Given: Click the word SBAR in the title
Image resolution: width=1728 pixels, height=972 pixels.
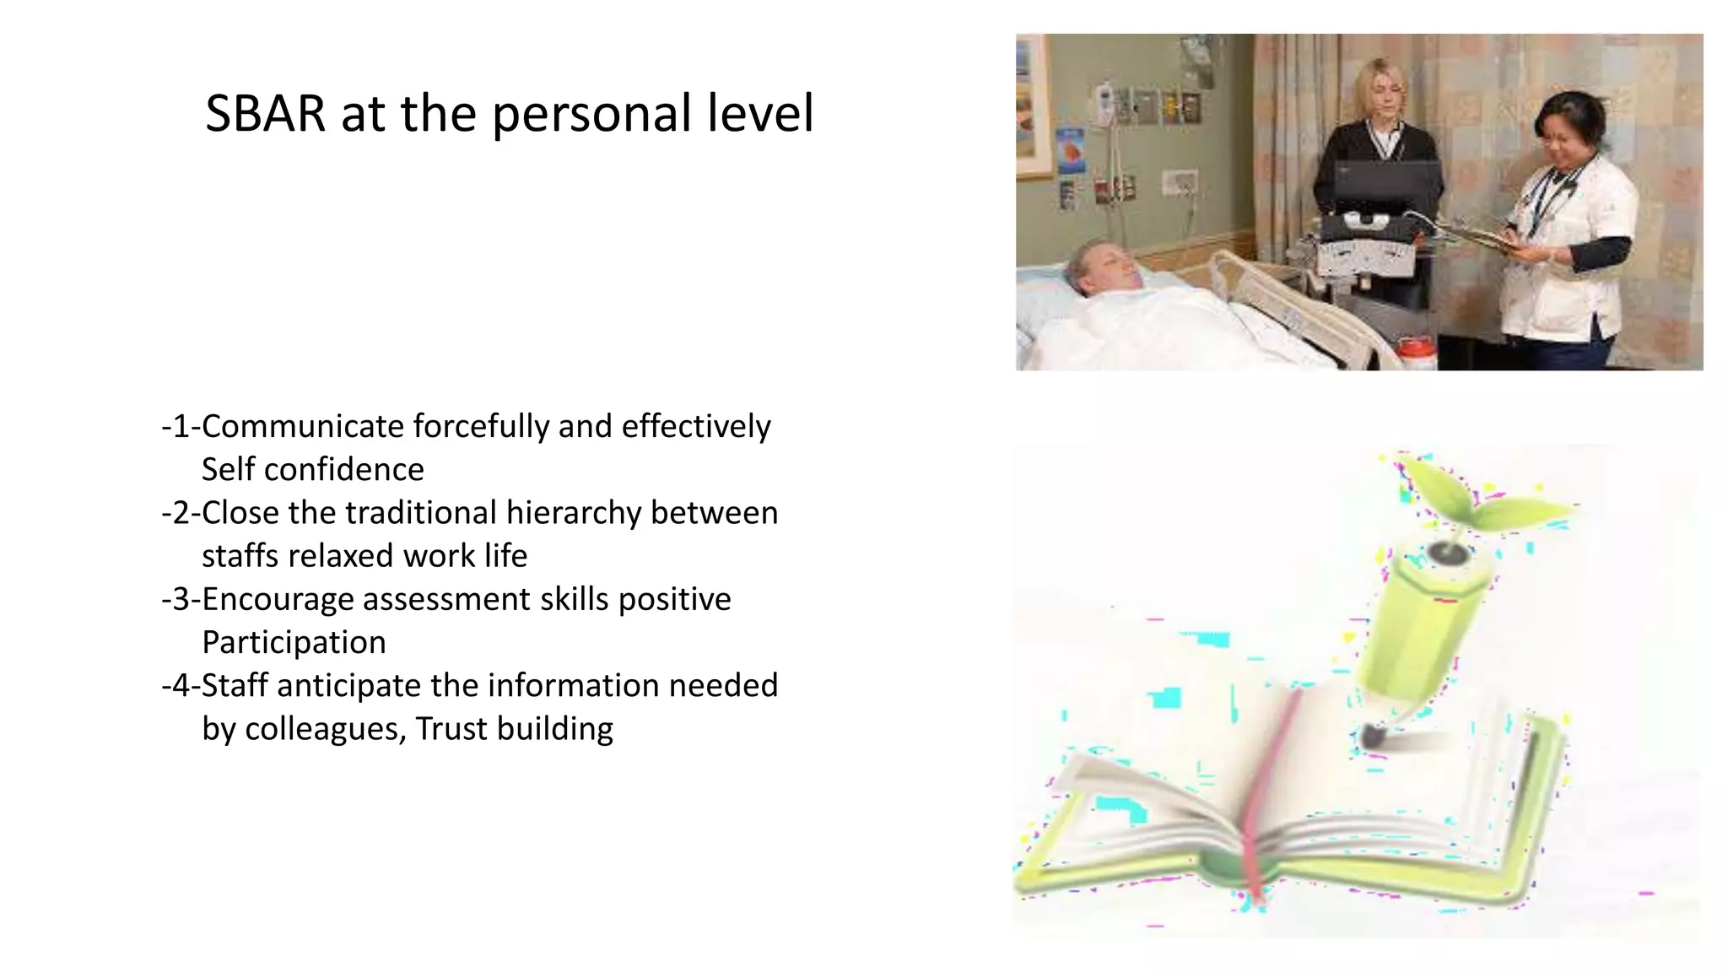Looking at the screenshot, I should pos(265,114).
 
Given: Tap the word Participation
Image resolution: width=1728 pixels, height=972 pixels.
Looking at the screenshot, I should pos(294,643).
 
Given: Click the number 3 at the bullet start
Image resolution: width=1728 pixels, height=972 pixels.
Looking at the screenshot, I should pos(181,600).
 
